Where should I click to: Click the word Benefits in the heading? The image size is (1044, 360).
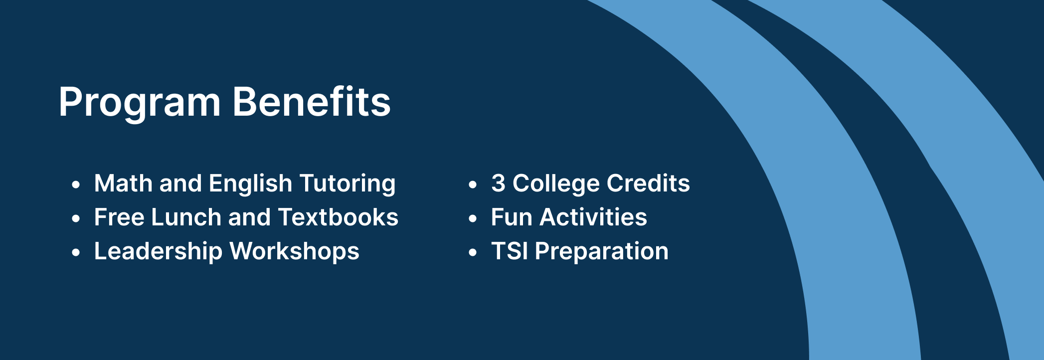coord(312,101)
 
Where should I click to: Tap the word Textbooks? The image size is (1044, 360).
coord(338,217)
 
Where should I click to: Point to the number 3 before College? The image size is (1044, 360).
coord(498,183)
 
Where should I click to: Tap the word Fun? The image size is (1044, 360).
coord(512,217)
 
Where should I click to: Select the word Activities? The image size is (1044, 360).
coord(593,217)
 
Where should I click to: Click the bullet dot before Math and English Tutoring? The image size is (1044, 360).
coord(76,185)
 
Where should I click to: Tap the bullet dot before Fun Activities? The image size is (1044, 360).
coord(473,219)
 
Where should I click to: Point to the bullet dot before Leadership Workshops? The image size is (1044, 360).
coord(76,253)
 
